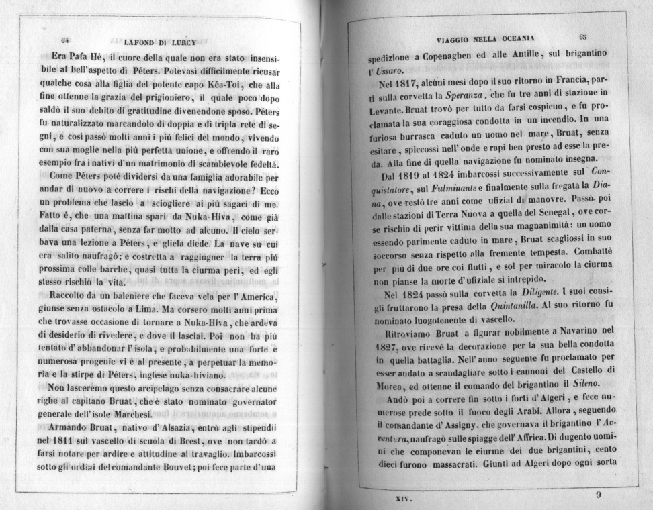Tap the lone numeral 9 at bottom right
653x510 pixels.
599,495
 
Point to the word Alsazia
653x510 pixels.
166,427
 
